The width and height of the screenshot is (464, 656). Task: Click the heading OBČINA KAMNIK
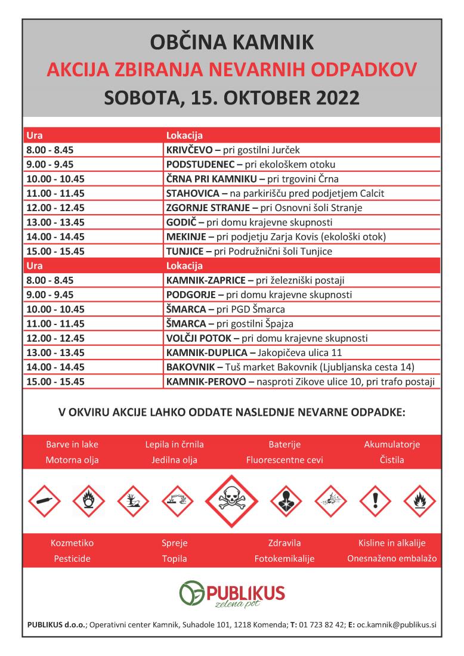(x=232, y=43)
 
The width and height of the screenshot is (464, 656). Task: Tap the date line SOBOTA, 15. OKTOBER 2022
(x=232, y=96)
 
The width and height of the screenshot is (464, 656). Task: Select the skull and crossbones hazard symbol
(x=232, y=501)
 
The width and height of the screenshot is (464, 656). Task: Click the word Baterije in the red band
(x=284, y=444)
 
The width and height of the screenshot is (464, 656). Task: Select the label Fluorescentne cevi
(x=284, y=460)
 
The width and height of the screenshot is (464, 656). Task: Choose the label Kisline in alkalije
(x=391, y=543)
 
